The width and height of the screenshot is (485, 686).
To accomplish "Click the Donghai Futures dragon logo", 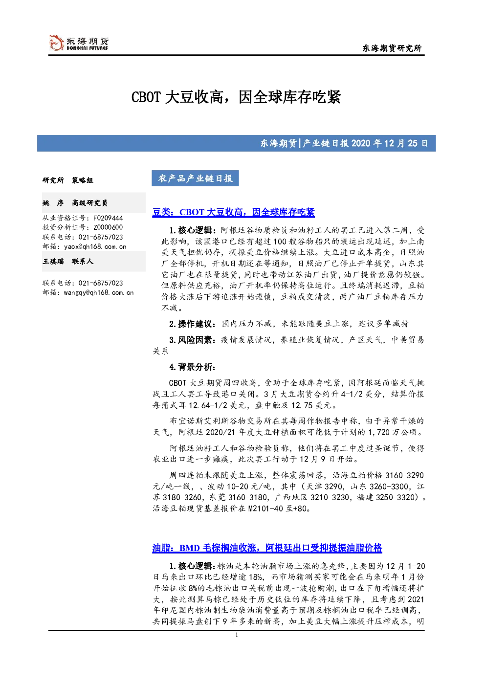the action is click(x=56, y=43).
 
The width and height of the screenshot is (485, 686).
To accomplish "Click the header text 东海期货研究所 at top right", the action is click(x=392, y=48).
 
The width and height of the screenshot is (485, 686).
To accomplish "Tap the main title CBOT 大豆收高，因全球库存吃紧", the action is click(x=236, y=97).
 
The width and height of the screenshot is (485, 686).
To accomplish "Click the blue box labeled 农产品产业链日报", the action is click(x=195, y=178).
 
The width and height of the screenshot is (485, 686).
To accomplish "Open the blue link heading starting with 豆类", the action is click(x=233, y=212).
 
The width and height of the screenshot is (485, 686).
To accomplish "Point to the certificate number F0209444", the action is click(x=108, y=218).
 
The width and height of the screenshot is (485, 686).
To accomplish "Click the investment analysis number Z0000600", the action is click(x=108, y=227).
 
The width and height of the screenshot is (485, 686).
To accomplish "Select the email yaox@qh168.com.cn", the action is click(x=95, y=246).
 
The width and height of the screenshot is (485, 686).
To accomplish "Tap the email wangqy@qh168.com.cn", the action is click(x=99, y=292).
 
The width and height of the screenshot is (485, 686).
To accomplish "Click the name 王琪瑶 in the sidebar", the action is click(x=53, y=261).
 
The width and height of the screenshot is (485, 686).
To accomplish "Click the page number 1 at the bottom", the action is click(x=236, y=635).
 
